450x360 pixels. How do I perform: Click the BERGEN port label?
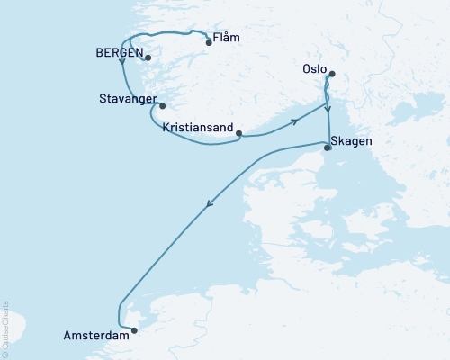(x=118, y=53)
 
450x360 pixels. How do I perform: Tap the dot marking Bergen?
(x=148, y=58)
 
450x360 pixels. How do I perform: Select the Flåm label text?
(x=227, y=40)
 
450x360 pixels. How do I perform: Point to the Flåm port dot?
(x=209, y=42)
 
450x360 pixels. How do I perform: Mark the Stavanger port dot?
(x=163, y=105)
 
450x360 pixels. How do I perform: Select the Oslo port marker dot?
(x=332, y=75)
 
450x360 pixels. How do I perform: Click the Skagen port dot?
(x=328, y=148)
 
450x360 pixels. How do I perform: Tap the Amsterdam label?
(x=94, y=334)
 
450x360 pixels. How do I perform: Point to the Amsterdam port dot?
(x=134, y=330)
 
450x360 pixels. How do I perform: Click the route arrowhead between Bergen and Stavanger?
(x=121, y=75)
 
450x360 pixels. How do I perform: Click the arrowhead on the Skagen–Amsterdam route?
(x=210, y=204)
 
